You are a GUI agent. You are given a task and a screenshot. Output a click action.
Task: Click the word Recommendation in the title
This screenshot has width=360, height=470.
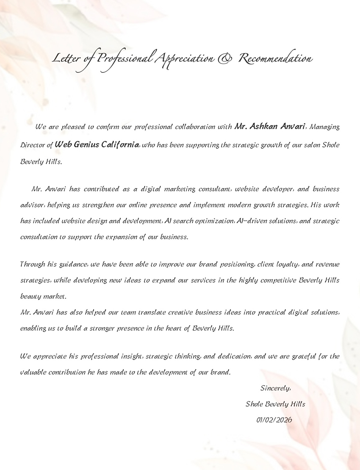click(x=275, y=59)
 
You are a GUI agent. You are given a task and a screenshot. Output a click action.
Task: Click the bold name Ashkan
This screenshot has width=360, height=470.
click(x=264, y=126)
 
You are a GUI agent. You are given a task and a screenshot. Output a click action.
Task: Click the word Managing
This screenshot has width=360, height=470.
click(x=325, y=127)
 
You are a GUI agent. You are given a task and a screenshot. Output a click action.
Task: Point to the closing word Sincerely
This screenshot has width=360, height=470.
click(x=275, y=388)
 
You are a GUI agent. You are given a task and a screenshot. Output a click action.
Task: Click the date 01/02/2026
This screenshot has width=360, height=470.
click(x=274, y=420)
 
